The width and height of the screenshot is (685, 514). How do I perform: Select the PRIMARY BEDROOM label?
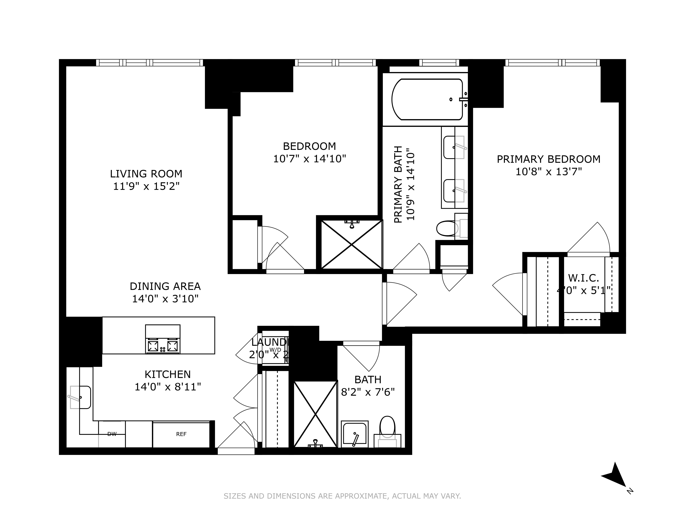(x=548, y=159)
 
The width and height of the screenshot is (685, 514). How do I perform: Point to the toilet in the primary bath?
(x=447, y=228)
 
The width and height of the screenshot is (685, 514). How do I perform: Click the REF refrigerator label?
(x=181, y=434)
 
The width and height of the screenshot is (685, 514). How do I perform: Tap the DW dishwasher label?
(x=112, y=434)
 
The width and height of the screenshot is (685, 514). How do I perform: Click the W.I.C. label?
(x=583, y=278)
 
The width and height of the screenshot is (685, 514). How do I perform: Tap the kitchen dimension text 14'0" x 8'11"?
(x=167, y=387)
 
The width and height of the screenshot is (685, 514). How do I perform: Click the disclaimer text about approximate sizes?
(x=342, y=496)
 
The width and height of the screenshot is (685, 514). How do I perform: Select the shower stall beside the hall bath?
(x=315, y=414)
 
